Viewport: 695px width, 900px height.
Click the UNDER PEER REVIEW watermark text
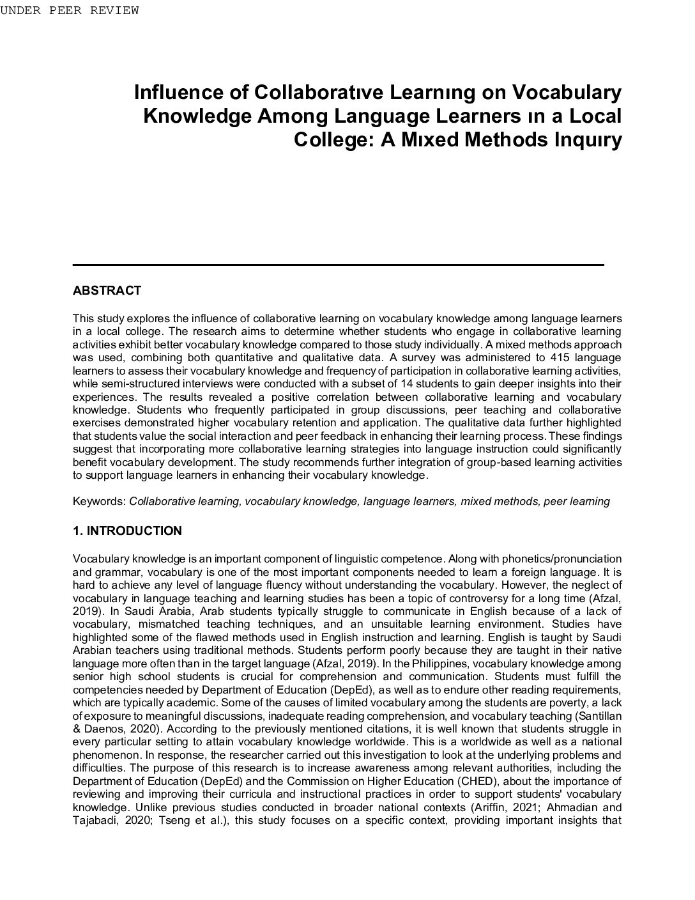69,10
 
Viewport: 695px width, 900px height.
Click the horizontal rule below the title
339,264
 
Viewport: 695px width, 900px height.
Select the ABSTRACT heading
107,291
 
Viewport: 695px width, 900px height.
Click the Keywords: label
100,501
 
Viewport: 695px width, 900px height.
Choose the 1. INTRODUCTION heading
127,531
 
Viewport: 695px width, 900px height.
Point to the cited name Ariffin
480,807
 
